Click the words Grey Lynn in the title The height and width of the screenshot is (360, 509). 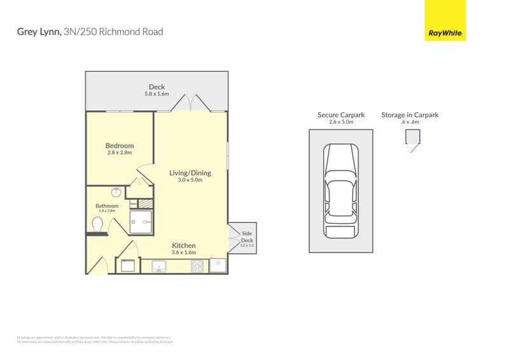[x=39, y=32]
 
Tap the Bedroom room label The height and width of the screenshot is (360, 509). [x=120, y=146]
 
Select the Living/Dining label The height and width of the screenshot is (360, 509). [x=190, y=173]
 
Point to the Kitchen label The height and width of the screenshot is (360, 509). [x=183, y=246]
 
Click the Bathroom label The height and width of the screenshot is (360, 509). [x=107, y=206]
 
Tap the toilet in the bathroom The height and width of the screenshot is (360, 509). [x=97, y=225]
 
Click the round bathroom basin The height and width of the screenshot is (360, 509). [x=116, y=192]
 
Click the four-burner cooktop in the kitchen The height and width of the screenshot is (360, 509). [x=197, y=267]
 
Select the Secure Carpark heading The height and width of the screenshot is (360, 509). [x=341, y=115]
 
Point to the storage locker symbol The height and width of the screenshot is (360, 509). [x=412, y=140]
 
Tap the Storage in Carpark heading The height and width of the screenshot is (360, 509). [x=410, y=115]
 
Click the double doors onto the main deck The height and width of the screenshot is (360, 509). [x=191, y=103]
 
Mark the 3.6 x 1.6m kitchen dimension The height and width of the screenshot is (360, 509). [x=183, y=253]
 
